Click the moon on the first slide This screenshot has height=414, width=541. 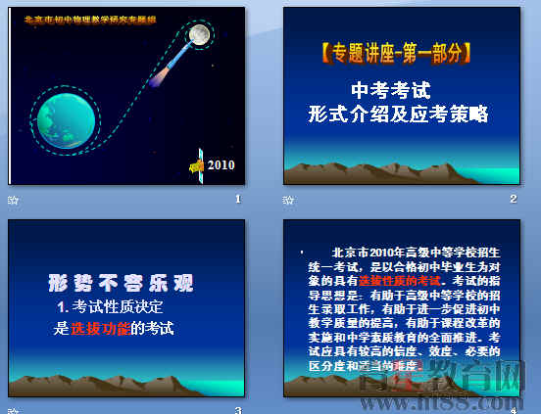coord(200,36)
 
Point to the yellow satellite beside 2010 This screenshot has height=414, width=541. coord(197,165)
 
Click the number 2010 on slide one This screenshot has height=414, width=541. coord(221,164)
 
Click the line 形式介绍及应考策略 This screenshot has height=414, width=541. coord(397,114)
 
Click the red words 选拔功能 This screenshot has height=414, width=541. coord(100,329)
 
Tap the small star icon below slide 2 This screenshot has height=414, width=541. coord(288,200)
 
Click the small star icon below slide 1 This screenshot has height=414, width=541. coord(13,200)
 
